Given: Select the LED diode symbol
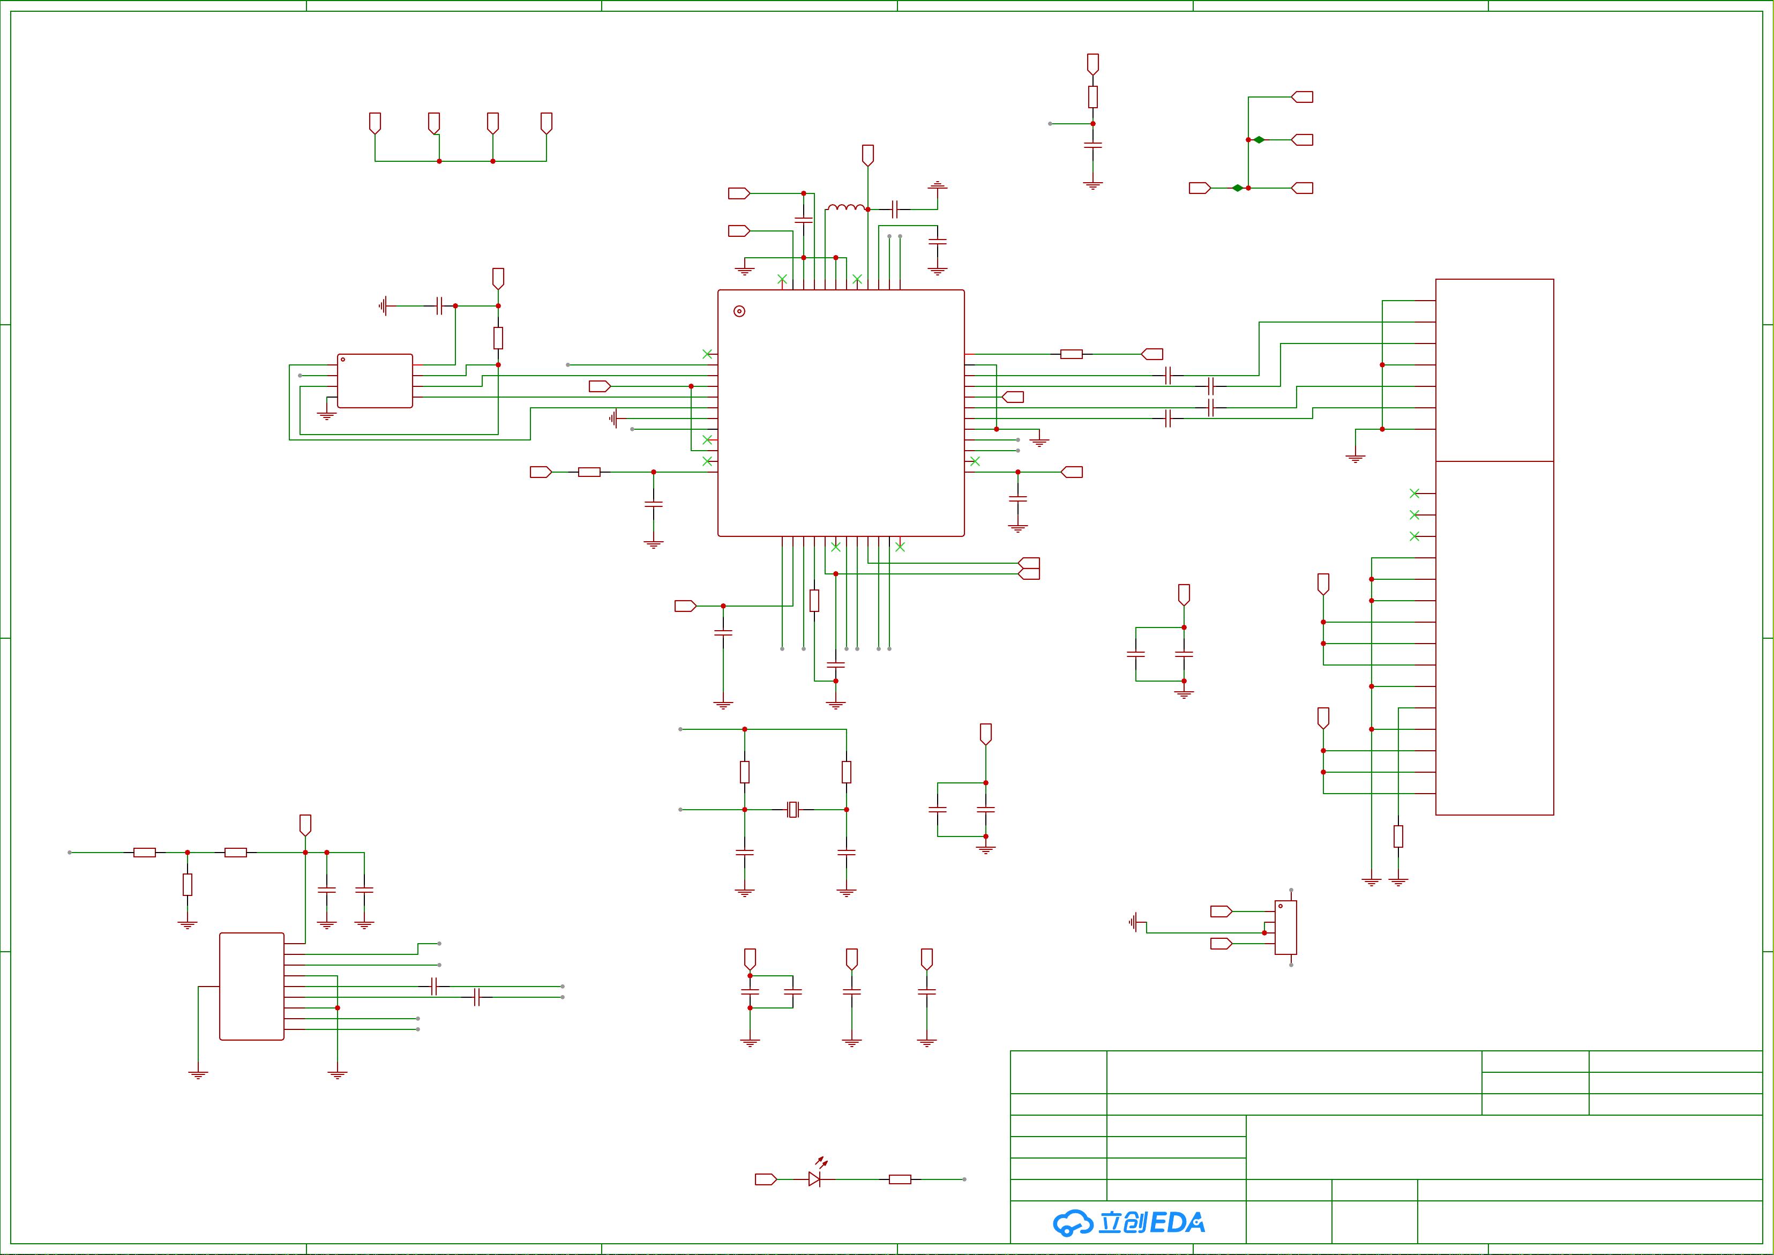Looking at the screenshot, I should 814,1179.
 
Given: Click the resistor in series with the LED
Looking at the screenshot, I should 900,1179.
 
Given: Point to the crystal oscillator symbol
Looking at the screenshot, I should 792,810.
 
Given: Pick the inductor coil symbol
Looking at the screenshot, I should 846,207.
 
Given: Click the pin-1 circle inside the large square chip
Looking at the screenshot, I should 739,311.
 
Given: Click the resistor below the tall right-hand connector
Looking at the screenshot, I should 1398,836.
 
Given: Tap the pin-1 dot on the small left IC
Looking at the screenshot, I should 343,360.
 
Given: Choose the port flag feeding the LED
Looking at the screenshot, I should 765,1179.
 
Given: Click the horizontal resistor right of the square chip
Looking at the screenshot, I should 1071,354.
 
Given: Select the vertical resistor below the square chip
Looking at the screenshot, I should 814,601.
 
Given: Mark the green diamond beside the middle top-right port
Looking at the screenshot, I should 1260,140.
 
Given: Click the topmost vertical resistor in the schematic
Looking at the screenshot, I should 1092,96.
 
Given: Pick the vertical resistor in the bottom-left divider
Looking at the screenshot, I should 187,884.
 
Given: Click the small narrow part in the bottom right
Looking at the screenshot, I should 1286,928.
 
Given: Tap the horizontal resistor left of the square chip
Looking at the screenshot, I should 589,472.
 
